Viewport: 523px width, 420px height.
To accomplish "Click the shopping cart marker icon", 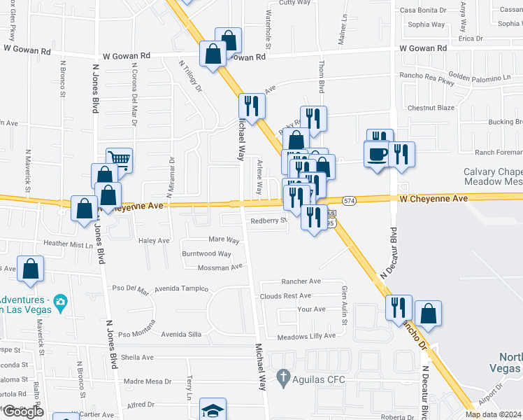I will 120,160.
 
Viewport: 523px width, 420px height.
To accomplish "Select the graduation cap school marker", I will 213,411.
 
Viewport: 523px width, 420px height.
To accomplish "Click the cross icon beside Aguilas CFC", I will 282,377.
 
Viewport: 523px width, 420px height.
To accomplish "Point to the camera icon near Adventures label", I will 61,303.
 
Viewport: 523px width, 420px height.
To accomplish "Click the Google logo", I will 22,412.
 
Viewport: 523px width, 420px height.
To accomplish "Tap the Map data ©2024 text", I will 493,414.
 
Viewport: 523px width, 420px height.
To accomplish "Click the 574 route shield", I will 368,201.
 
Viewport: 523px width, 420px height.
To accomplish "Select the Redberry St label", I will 269,220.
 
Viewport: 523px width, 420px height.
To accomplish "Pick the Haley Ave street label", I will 155,240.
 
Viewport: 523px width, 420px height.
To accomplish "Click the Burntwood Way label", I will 206,253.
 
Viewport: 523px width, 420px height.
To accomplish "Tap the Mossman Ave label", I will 221,267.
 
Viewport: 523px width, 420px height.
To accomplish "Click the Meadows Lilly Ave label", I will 306,336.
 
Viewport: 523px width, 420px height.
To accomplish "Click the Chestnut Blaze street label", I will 431,108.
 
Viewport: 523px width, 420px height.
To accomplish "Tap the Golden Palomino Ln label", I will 479,76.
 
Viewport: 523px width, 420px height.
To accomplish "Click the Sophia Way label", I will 427,24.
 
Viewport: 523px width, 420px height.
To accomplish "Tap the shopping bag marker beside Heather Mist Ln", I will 85,209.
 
